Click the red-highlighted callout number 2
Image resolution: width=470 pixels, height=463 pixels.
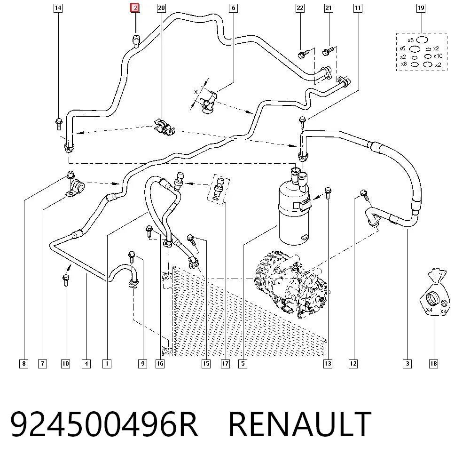135,8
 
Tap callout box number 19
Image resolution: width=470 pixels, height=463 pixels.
421,8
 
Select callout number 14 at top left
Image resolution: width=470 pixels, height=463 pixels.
58,8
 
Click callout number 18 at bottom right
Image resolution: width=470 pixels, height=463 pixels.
433,364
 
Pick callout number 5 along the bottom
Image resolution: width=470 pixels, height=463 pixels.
243,364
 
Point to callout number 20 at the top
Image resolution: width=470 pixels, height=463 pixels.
161,8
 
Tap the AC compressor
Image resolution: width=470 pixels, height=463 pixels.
291,285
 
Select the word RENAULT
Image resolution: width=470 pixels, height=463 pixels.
300,424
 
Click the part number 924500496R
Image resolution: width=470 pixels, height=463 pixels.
104,424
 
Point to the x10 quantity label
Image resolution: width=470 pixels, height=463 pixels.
438,56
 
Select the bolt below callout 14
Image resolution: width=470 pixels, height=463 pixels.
59,124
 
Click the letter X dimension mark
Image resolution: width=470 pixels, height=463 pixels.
196,92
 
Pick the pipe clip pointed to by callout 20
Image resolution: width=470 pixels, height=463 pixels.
164,128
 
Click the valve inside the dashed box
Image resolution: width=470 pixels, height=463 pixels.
219,188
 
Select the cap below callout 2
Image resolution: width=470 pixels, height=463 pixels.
136,41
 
